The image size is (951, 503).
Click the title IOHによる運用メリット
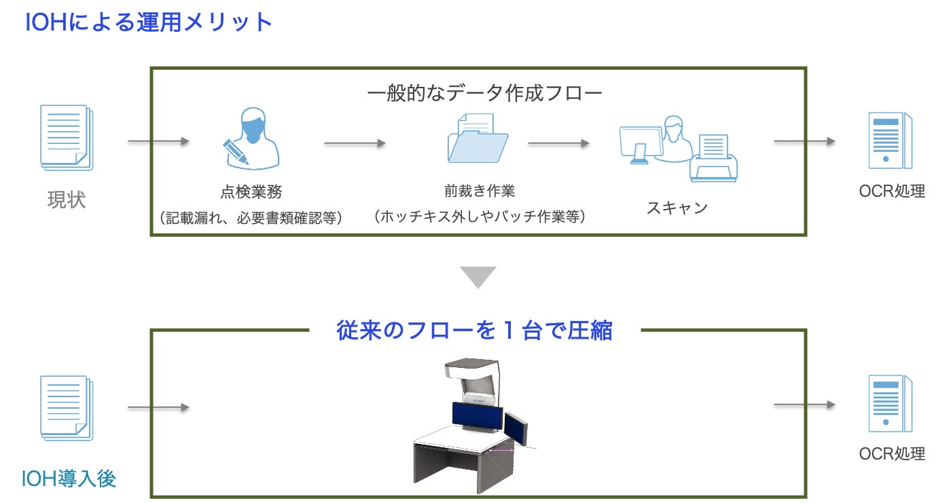(148, 23)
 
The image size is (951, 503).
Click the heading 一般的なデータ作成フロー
(484, 93)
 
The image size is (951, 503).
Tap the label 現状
(67, 200)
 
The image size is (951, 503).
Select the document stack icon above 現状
(67, 137)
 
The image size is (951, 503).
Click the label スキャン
(677, 208)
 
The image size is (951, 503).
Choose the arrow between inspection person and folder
(355, 143)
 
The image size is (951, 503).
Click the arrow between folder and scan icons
(558, 143)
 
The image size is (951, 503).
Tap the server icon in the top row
(890, 141)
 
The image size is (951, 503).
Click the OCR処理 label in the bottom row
(892, 453)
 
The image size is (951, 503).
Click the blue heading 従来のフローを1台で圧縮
(475, 331)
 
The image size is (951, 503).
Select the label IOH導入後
(69, 479)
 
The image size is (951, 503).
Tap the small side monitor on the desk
(516, 429)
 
